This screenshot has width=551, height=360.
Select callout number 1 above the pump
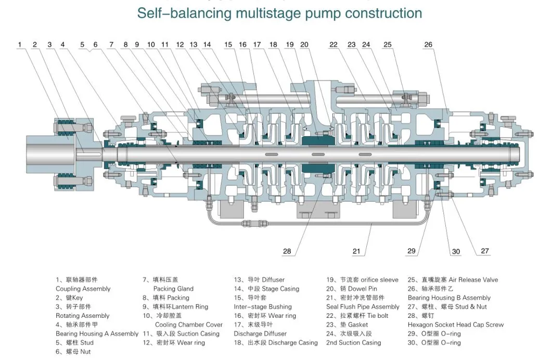click(20, 45)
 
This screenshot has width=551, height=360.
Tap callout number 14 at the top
click(207, 45)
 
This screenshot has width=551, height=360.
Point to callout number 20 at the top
click(304, 45)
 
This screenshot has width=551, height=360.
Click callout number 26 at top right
click(428, 45)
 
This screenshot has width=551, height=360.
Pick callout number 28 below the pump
click(287, 251)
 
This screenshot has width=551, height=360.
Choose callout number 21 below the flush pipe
click(356, 251)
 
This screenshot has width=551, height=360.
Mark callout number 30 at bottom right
click(456, 252)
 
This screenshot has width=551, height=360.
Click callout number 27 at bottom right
click(484, 251)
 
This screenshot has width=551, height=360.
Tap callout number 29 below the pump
click(412, 251)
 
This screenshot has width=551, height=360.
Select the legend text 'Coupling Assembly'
click(83, 289)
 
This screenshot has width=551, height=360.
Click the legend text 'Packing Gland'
click(173, 289)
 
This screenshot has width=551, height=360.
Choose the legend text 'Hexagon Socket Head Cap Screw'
click(455, 325)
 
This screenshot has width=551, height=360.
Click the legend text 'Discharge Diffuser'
click(260, 333)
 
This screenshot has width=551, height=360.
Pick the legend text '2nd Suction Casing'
click(353, 343)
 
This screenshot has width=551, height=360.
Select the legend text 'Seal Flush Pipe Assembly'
click(363, 307)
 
